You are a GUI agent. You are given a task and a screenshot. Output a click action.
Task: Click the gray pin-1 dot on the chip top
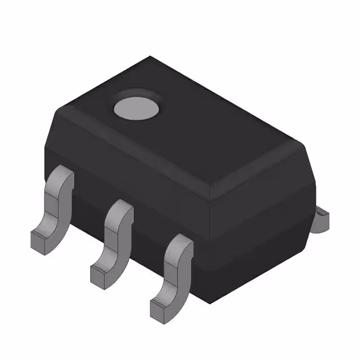(137, 109)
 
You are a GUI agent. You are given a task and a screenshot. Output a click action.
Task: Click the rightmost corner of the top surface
(304, 144)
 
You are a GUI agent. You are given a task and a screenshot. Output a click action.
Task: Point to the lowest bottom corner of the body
(210, 304)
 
